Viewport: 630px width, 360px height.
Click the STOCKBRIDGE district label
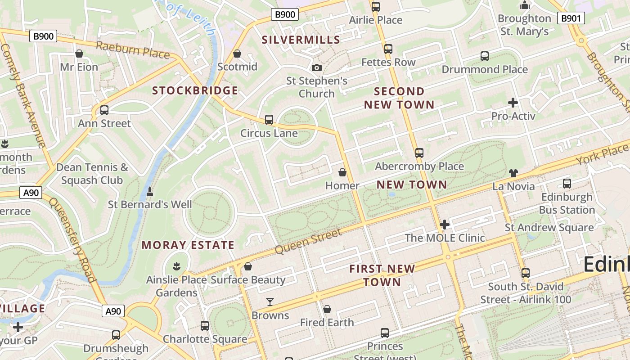coord(195,90)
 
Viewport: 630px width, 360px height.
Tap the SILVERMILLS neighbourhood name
coord(301,40)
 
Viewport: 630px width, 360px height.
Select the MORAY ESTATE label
coord(188,245)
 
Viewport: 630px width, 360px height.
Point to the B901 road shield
coord(571,18)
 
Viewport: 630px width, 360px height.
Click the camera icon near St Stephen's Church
coord(317,68)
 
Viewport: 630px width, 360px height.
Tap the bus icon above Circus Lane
coord(269,120)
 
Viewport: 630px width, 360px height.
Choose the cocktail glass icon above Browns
coord(270,302)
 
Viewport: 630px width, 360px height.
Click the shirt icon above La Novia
coord(513,173)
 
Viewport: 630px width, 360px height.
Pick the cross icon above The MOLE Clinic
coord(445,224)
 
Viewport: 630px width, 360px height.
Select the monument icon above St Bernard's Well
coord(150,192)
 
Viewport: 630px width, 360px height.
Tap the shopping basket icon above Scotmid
coord(237,54)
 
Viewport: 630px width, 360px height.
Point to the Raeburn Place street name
coord(133,49)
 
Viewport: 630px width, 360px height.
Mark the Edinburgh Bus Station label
coord(567,203)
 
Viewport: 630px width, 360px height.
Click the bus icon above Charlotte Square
coord(205,326)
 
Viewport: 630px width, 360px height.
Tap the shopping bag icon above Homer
coord(342,172)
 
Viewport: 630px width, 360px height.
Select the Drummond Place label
coord(485,69)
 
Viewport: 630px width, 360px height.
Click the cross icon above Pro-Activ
coord(513,103)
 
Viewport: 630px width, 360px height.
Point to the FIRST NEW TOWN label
coord(382,275)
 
